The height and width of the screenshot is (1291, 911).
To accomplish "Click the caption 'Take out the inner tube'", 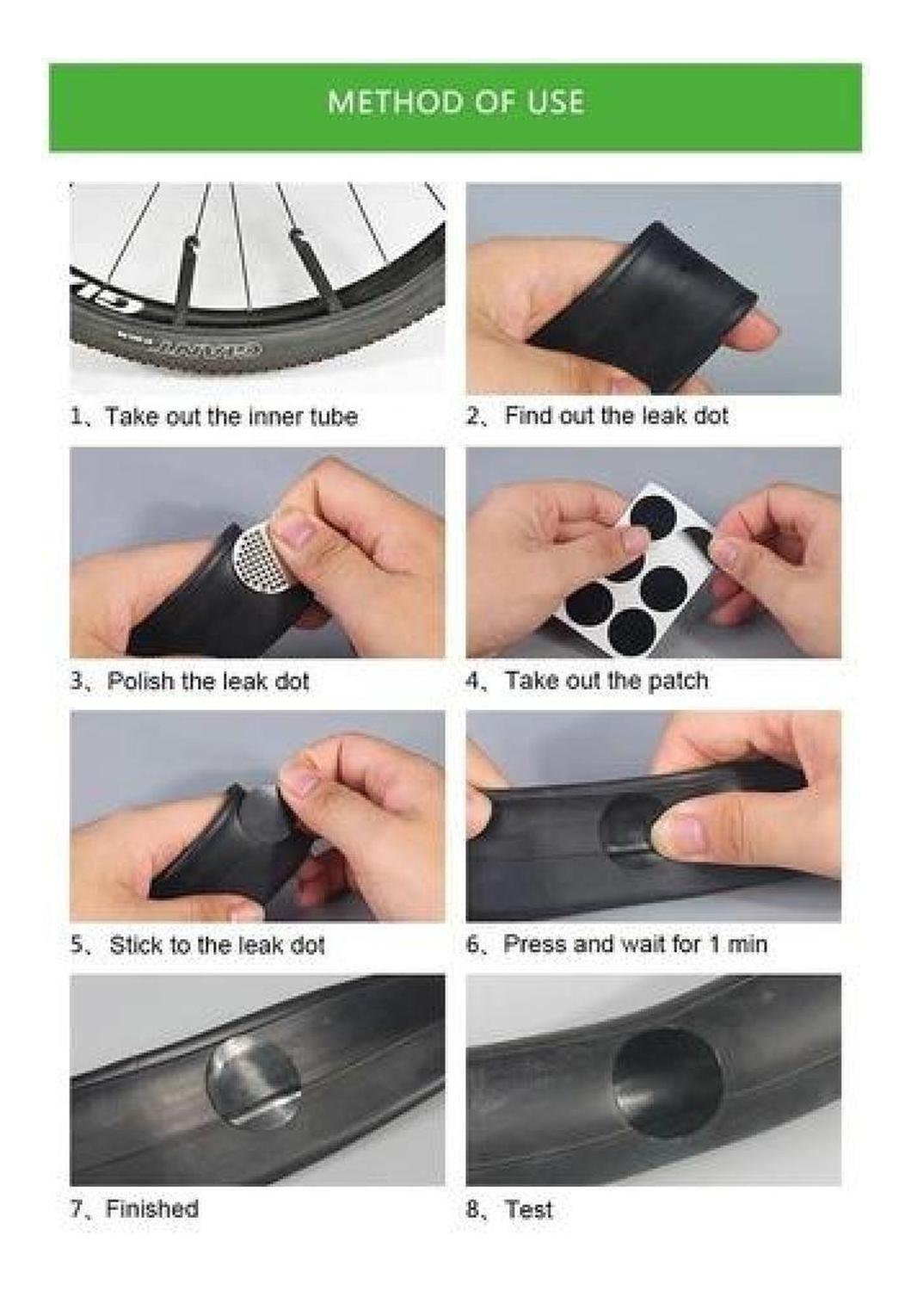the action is point(231,416).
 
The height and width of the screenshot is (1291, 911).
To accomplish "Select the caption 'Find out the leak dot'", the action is point(616,416).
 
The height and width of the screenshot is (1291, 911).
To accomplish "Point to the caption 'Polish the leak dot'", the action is point(208,682).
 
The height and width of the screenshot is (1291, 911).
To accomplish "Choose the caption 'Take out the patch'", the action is point(606,681).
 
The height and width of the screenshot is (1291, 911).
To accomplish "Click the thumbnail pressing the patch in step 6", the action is point(685,828).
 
